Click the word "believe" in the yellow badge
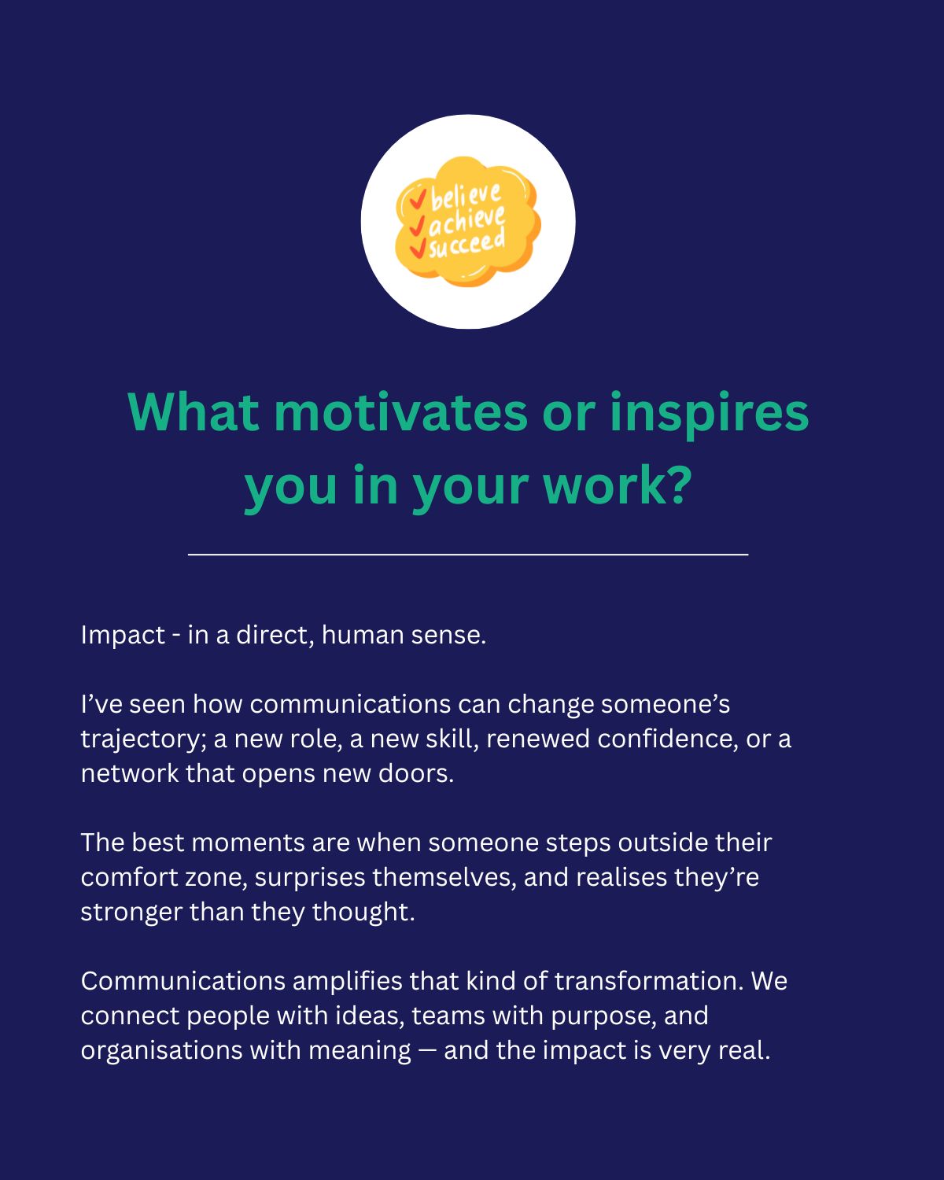pyautogui.click(x=466, y=196)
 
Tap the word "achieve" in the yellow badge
pyautogui.click(x=466, y=220)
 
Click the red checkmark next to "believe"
pyautogui.click(x=418, y=198)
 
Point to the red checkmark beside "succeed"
pyautogui.click(x=418, y=248)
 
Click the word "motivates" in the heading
pyautogui.click(x=400, y=413)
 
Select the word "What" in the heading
pyautogui.click(x=193, y=413)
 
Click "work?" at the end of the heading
pyautogui.click(x=617, y=486)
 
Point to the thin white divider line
pyautogui.click(x=468, y=555)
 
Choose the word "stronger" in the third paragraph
pyautogui.click(x=131, y=913)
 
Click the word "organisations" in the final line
pyautogui.click(x=161, y=1052)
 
